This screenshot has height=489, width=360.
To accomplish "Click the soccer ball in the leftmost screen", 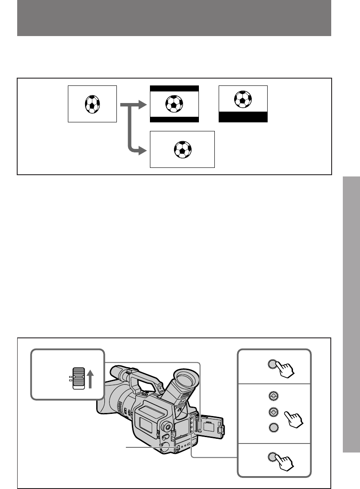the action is click(x=92, y=103).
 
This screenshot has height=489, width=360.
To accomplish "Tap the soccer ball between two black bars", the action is click(x=174, y=103).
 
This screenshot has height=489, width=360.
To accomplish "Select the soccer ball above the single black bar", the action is click(x=243, y=99).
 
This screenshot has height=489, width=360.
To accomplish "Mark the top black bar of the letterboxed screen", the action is click(x=174, y=89).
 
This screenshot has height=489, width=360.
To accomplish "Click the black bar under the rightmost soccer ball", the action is click(x=243, y=117).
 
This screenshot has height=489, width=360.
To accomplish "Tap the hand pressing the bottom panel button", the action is click(x=286, y=463).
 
